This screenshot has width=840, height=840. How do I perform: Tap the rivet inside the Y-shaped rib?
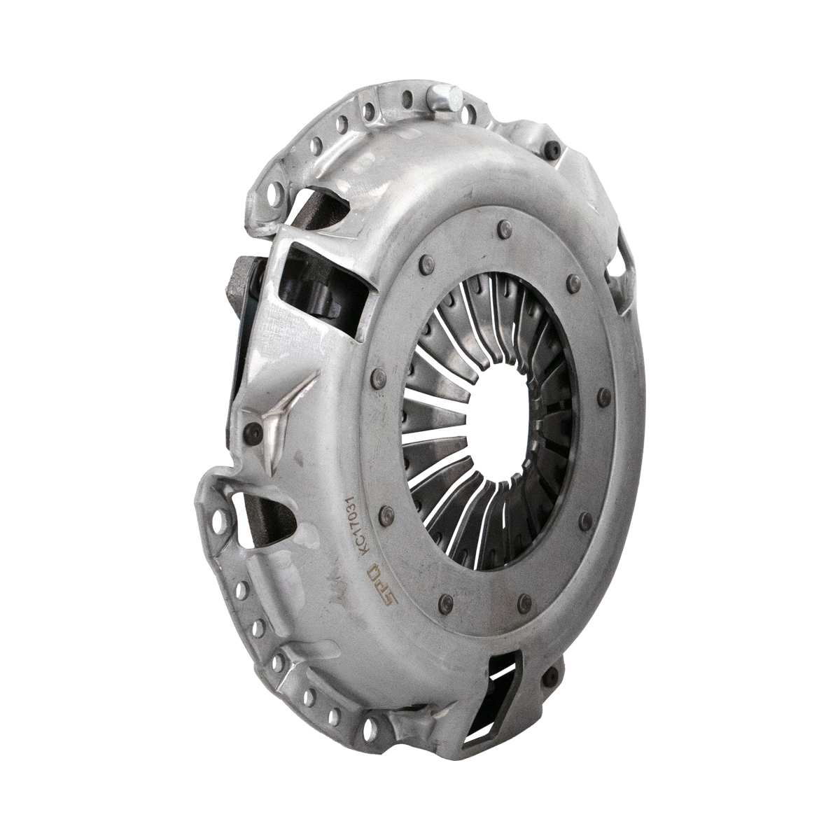tap(253, 430)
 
